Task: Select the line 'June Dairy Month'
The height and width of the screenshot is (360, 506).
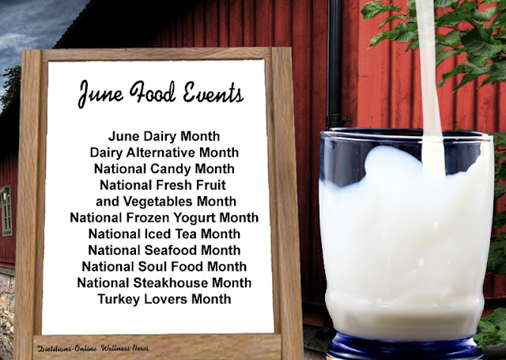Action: [164, 136]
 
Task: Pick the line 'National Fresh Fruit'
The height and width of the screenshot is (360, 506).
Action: [163, 185]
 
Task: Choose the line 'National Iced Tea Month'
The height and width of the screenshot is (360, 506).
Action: [164, 233]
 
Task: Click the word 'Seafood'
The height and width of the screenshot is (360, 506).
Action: [169, 250]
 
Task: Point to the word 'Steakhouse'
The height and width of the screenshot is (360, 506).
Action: [171, 282]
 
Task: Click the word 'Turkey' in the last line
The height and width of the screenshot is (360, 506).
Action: [119, 299]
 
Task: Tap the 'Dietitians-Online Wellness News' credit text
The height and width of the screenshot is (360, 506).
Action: [93, 348]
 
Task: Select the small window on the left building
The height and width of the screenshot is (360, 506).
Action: [6, 210]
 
